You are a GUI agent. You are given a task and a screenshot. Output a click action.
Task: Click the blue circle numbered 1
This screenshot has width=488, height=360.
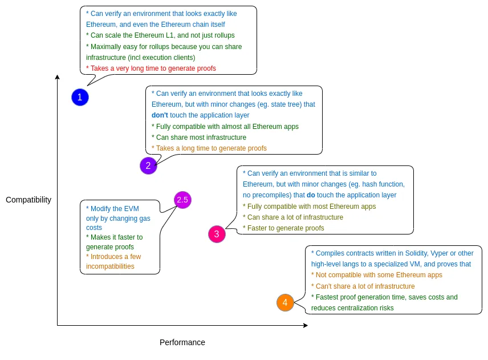tap(80, 97)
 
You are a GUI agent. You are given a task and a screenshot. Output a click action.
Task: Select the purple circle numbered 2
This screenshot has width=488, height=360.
tap(148, 165)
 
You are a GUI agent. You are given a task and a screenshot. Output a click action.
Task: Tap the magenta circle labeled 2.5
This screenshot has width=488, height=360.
tap(182, 200)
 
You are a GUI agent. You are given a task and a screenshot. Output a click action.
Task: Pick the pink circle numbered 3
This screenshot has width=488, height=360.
tap(217, 234)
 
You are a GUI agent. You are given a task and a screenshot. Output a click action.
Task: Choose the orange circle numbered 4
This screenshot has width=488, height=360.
tap(285, 302)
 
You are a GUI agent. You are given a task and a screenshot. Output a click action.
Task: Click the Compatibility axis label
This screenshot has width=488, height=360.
tap(29, 200)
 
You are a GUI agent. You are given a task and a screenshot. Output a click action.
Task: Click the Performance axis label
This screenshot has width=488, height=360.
tap(182, 342)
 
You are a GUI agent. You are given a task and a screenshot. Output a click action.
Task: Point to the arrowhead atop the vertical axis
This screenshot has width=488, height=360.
tap(57, 77)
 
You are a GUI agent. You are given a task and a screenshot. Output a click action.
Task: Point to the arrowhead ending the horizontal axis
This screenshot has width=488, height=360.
tap(306, 325)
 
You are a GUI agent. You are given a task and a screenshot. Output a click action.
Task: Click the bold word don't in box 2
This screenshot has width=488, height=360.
tap(160, 115)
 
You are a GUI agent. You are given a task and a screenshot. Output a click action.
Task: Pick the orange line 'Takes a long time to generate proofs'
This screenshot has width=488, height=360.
tap(211, 148)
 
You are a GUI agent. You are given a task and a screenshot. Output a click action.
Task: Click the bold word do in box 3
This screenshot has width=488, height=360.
tap(311, 195)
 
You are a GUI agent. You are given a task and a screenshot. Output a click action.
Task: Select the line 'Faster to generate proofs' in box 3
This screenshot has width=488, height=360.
tap(285, 228)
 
